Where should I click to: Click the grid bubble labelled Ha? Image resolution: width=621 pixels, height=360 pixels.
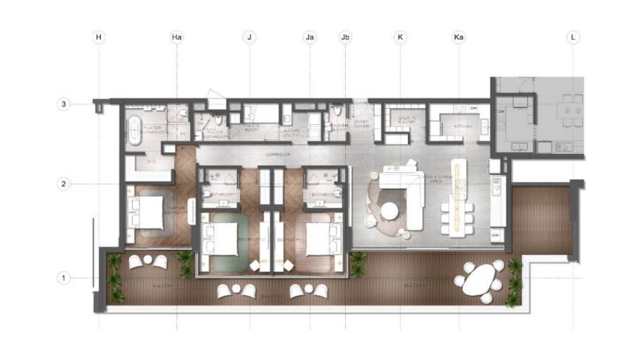(176, 37)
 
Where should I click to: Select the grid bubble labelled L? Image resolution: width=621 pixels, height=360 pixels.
(573, 37)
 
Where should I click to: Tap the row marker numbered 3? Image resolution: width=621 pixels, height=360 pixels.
(63, 104)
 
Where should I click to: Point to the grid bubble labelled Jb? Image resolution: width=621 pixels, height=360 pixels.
(344, 37)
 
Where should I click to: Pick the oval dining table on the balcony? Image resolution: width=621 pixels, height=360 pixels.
(480, 281)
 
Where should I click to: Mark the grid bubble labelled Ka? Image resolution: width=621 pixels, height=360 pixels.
(459, 37)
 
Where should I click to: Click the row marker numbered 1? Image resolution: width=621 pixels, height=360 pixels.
(63, 278)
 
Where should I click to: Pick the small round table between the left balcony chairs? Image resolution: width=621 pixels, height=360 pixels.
(148, 260)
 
